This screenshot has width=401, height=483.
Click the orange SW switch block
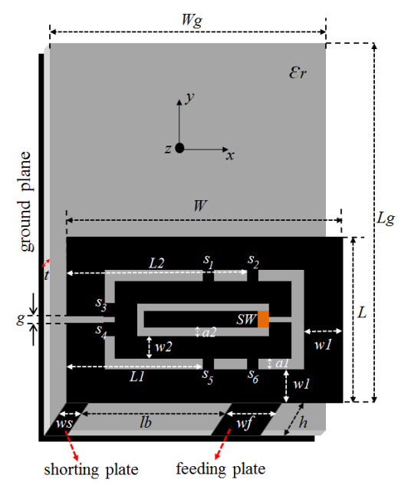pos(263,319)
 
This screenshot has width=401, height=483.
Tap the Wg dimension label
pos(192,21)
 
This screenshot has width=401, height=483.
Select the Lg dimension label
pos(386,219)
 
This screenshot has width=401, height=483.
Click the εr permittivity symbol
pos(297,73)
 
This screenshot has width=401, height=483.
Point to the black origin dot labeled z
pos(179,148)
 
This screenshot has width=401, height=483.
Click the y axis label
pos(189,97)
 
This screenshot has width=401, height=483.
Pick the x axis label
pos(230,156)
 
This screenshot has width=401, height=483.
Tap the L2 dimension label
pos(156,264)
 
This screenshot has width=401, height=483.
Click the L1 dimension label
pos(137,376)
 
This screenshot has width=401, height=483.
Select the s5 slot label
pos(208,376)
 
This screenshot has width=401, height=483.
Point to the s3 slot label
pos(101,304)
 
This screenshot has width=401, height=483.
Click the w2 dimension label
pos(163,347)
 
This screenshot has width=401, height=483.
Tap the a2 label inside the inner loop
pos(209,332)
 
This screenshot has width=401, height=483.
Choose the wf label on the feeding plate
pos(245,423)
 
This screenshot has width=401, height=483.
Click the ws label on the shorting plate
pos(64,424)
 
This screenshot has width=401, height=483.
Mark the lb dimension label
pos(146,422)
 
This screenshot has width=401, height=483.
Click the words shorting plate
pos(91,470)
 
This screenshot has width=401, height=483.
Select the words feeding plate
pos(221,469)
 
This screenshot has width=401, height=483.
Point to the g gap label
pos(21,319)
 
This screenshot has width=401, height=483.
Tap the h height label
pos(303,422)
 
